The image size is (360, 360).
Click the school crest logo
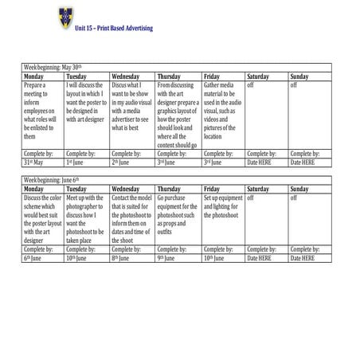click(x=64, y=15)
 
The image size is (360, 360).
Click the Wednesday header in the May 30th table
click(x=127, y=76)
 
